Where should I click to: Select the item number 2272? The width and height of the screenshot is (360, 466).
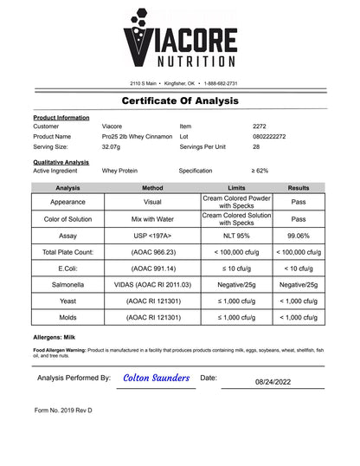[x=260, y=126]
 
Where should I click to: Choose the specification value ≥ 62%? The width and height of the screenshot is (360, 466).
[x=260, y=171]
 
